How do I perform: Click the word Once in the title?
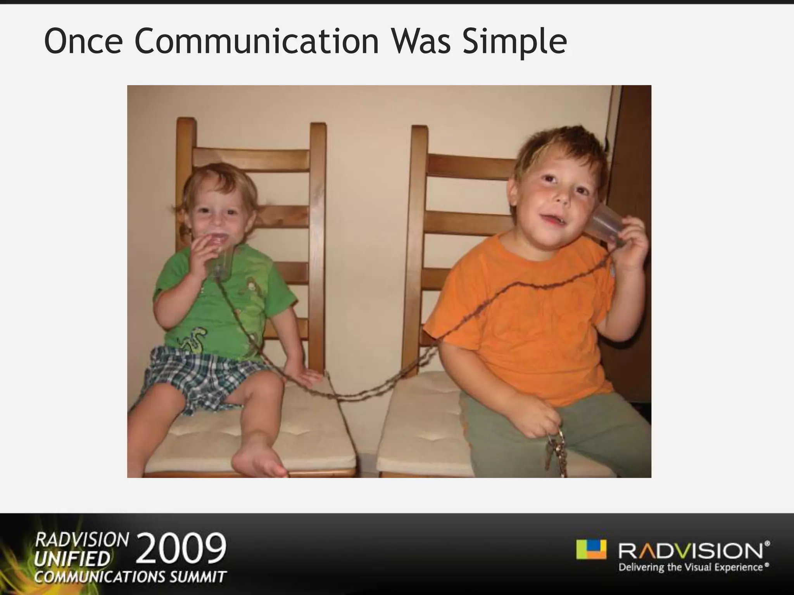[83, 41]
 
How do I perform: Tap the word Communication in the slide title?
[256, 41]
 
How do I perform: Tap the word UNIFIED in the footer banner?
[72, 559]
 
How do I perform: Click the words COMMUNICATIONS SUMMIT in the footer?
[130, 577]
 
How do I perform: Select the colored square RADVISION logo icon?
[591, 549]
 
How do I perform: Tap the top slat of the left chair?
[251, 159]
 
